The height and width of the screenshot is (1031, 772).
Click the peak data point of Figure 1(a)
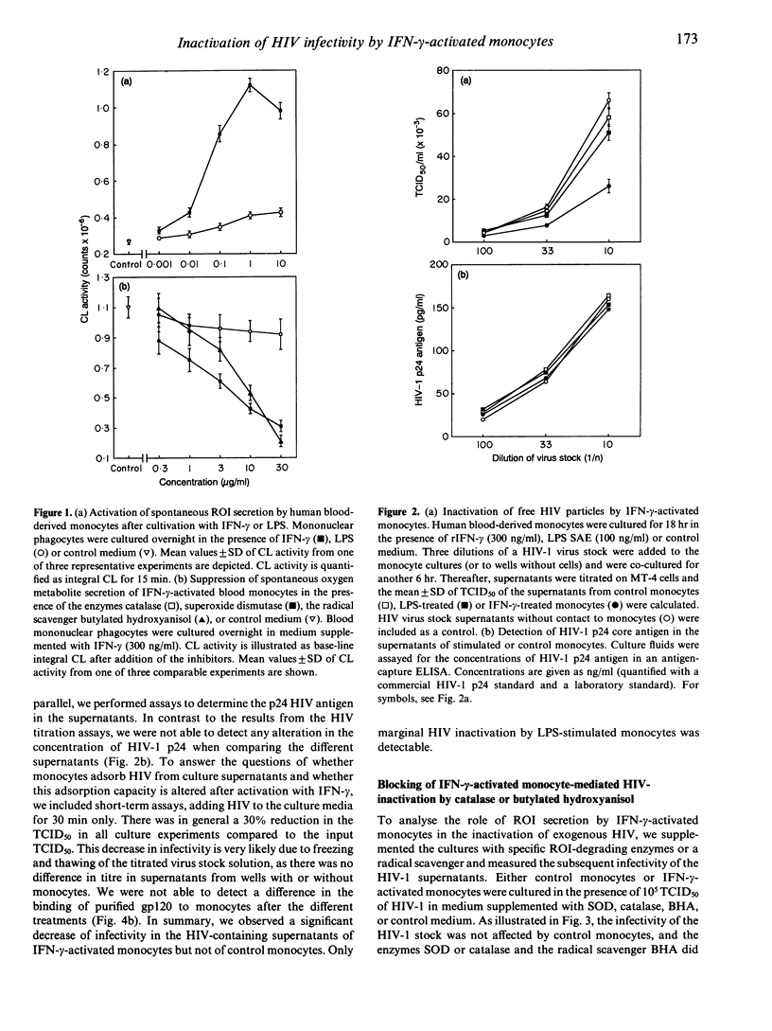coord(250,85)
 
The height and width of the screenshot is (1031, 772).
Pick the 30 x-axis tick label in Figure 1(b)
coord(282,469)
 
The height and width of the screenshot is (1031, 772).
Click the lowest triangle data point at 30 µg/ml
coord(282,441)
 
